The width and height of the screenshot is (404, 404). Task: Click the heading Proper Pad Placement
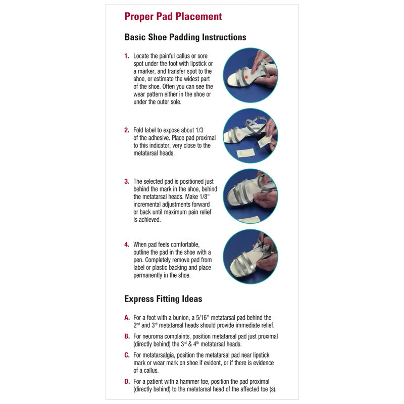pyautogui.click(x=173, y=17)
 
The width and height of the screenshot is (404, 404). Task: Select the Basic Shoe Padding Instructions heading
pyautogui.click(x=185, y=37)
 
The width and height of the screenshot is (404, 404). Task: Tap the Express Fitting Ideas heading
pyautogui.click(x=163, y=299)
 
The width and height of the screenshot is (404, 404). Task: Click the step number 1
pyautogui.click(x=127, y=56)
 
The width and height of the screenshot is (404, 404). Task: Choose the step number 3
pyautogui.click(x=127, y=181)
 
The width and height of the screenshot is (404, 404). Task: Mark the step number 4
pyautogui.click(x=127, y=245)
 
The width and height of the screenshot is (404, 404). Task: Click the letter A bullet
pyautogui.click(x=127, y=318)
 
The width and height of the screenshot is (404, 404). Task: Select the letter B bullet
pyautogui.click(x=127, y=336)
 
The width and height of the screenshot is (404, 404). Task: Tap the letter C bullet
pyautogui.click(x=127, y=355)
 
